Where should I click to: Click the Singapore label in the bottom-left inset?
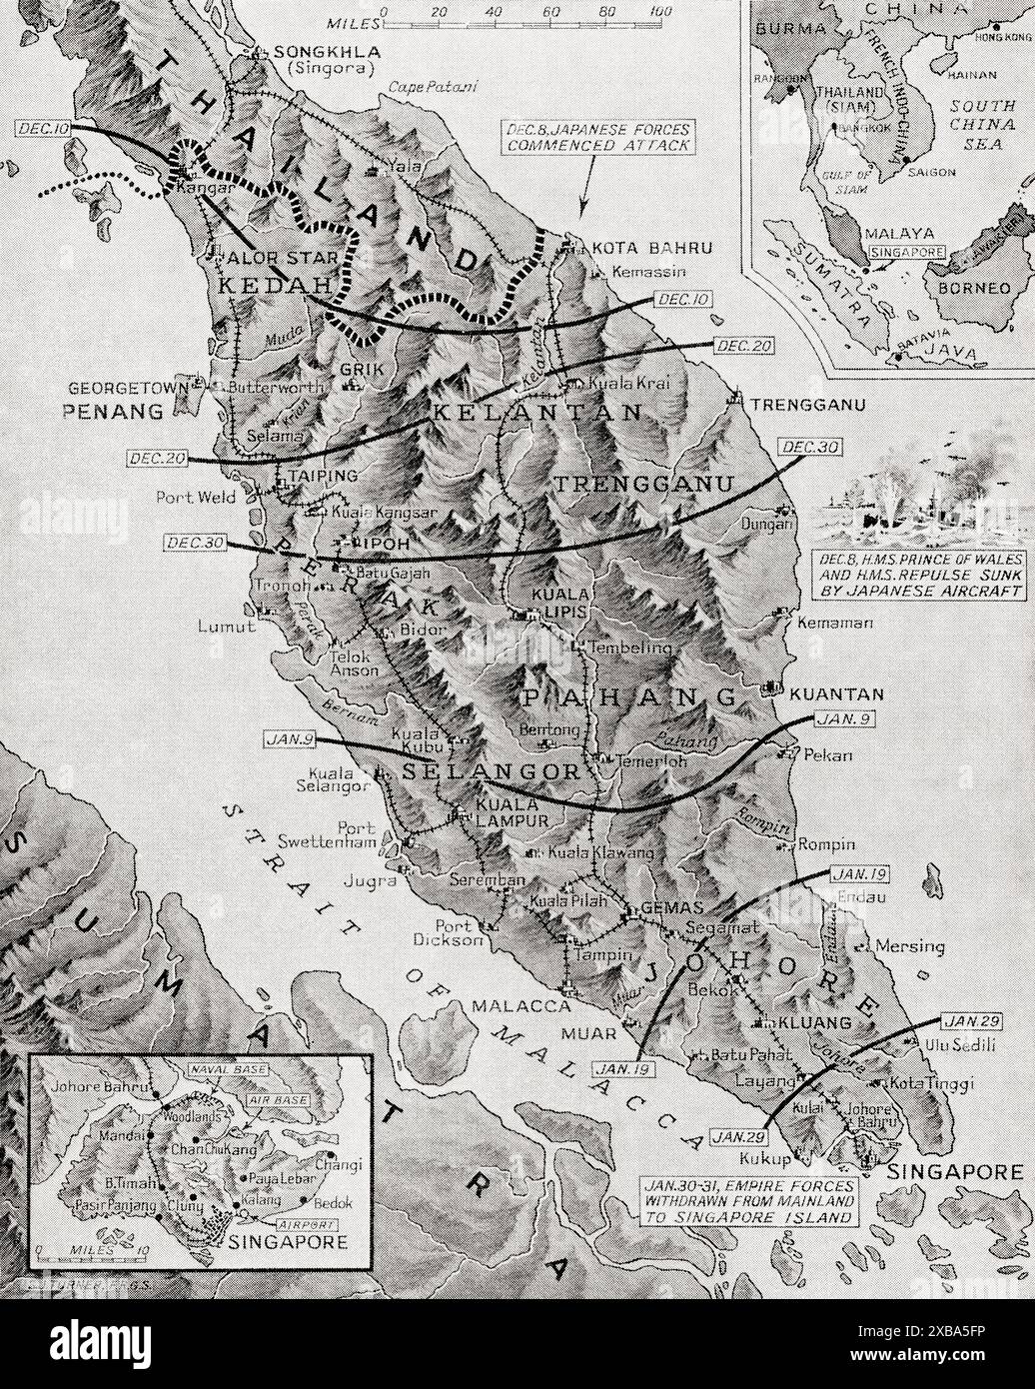(x=288, y=1242)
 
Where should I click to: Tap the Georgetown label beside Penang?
(x=128, y=386)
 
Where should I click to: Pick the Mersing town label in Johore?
(x=909, y=945)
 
